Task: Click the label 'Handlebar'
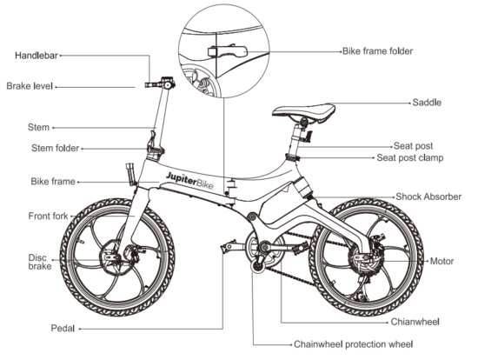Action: coord(37,56)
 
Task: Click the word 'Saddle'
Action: coord(427,103)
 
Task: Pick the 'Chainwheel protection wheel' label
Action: coord(353,343)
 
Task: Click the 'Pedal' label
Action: coord(63,329)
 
